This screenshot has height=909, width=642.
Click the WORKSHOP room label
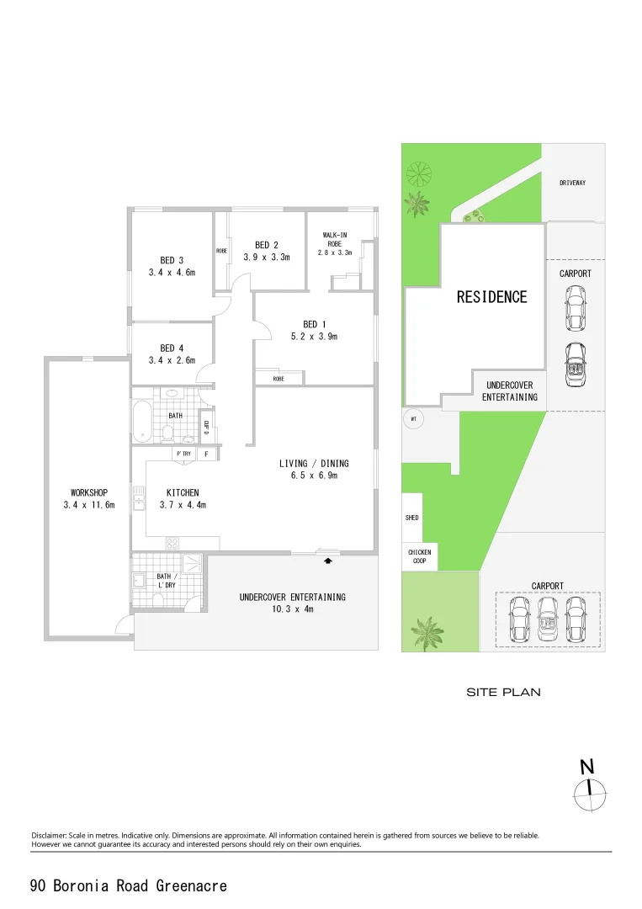point(88,492)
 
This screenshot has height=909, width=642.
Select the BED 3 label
point(172,260)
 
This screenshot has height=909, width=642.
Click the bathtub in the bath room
point(142,422)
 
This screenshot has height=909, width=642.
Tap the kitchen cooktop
point(173,543)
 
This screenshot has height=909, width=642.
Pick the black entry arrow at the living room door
point(328,559)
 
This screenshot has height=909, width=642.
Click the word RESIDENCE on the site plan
point(491,297)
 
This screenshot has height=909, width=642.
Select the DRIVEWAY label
point(572,183)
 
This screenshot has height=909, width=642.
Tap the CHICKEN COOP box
point(419,556)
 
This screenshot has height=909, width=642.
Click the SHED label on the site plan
point(412,518)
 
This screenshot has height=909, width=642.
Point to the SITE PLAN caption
point(503,693)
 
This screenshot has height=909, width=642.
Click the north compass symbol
point(589,789)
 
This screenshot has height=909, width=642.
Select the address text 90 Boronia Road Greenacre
point(128,885)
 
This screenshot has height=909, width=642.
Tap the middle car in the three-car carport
point(548,619)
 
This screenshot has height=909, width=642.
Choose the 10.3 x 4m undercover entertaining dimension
point(292,609)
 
